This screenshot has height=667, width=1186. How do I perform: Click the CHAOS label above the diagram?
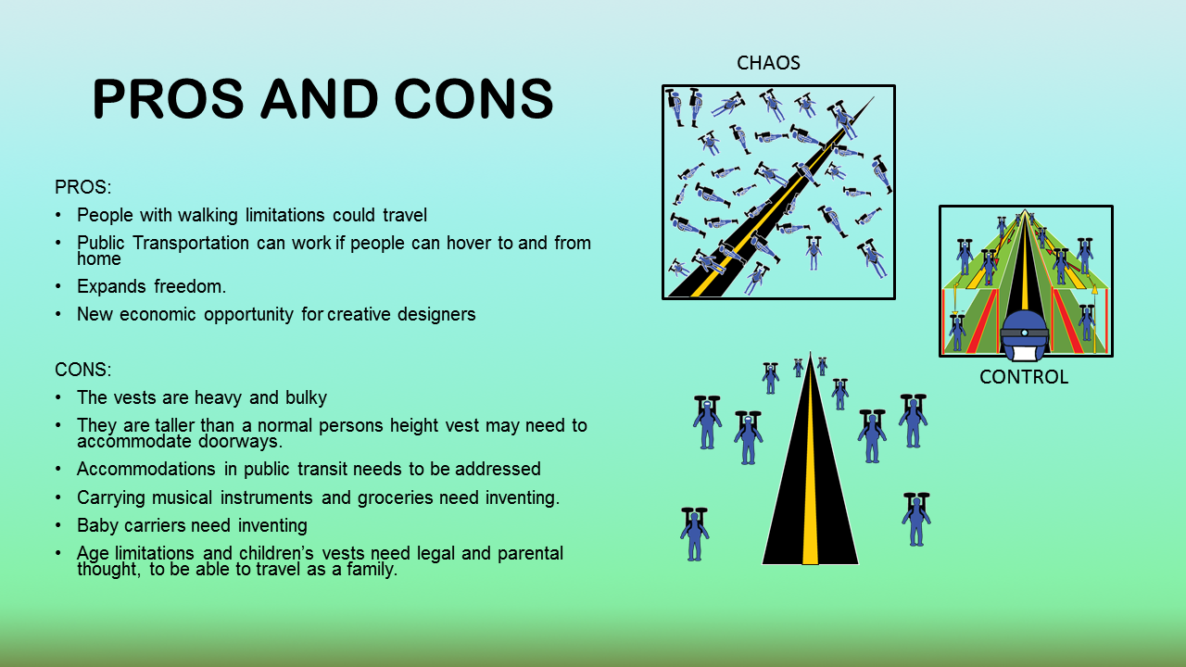tap(768, 63)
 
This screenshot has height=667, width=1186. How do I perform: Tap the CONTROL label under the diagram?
tap(1024, 377)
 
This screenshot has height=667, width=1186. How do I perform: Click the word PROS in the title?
tap(168, 98)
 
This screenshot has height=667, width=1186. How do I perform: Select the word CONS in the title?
tap(473, 98)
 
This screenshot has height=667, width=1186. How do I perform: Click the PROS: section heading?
tap(83, 187)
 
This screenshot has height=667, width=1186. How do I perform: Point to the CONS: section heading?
tap(83, 370)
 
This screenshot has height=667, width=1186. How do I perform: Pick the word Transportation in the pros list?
tap(191, 243)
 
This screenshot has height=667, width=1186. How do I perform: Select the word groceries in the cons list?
tap(395, 497)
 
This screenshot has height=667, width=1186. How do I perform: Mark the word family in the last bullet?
tap(372, 570)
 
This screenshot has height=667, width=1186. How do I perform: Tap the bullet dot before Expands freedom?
tap(58, 286)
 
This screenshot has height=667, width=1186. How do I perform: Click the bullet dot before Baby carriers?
tap(58, 525)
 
